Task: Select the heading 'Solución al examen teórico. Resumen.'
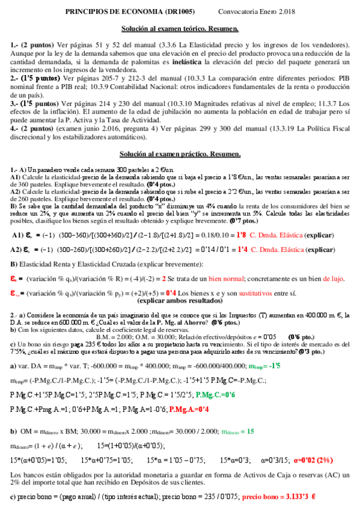180,29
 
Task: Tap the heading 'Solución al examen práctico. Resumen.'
180,155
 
